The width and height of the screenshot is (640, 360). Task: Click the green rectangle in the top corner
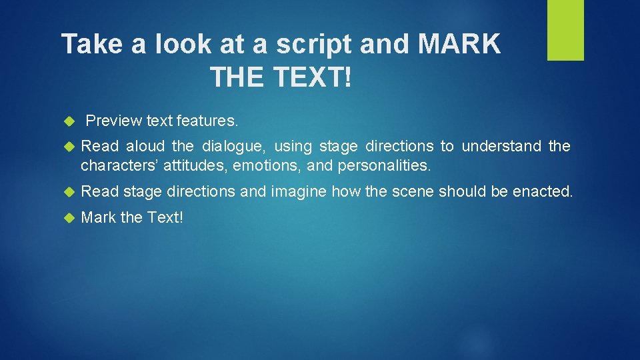tap(565, 30)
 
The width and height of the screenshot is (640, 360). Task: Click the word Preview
tap(114, 121)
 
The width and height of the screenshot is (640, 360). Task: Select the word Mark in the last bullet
tap(99, 217)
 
